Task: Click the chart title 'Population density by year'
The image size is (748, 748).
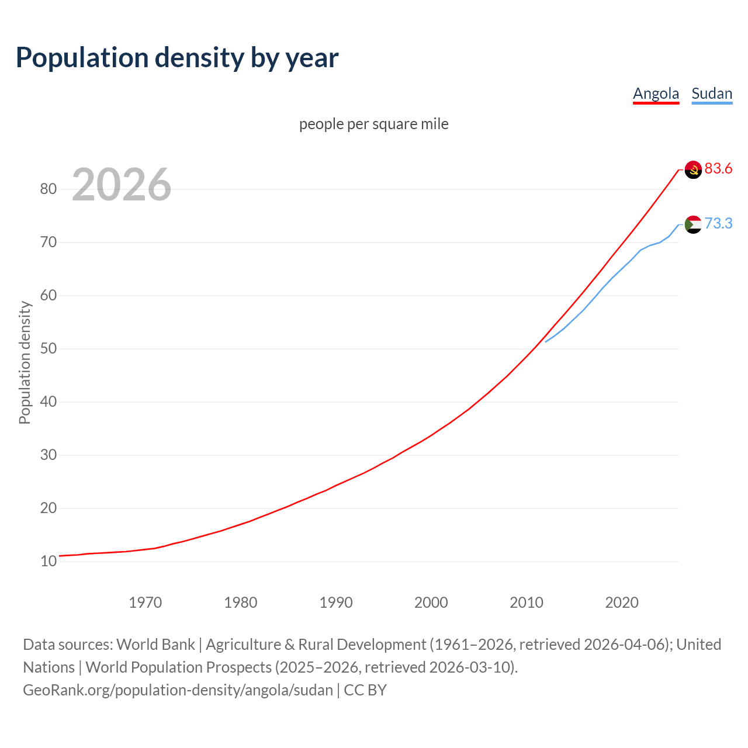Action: (177, 57)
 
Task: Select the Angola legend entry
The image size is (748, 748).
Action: (656, 93)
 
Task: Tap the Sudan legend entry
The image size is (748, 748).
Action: (711, 93)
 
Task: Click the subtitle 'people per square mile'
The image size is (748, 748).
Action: (373, 124)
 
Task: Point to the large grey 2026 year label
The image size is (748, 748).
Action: (122, 185)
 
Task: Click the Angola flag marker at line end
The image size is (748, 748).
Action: (692, 169)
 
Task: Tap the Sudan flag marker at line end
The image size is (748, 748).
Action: (692, 224)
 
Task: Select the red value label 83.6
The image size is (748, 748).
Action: (718, 169)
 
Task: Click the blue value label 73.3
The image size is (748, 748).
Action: (718, 224)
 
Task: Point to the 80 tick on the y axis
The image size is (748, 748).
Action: (49, 189)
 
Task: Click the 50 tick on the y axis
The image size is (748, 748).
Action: (49, 348)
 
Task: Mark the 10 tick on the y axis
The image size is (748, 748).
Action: (49, 561)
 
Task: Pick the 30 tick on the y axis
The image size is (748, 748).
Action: (49, 455)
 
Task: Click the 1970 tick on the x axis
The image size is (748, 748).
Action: (145, 602)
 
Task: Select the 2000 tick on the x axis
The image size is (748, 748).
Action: (431, 602)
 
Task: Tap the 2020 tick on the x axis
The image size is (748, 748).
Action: (621, 602)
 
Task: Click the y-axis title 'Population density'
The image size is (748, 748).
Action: (25, 362)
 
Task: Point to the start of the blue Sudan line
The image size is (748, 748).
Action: (546, 342)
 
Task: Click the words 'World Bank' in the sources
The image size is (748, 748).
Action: (155, 645)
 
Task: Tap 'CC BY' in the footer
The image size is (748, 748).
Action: (365, 690)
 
